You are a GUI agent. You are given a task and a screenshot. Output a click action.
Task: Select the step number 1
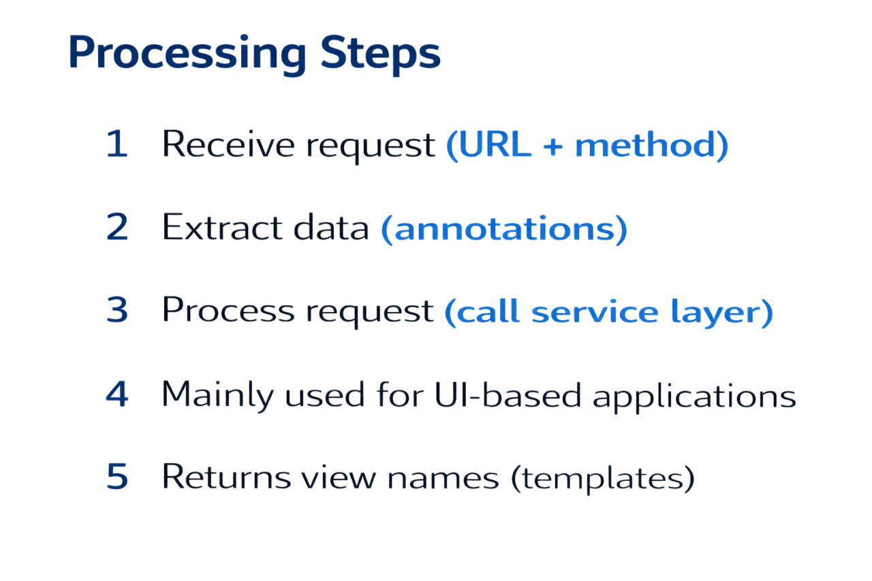pyautogui.click(x=117, y=145)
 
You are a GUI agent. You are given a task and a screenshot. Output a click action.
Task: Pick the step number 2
pyautogui.click(x=117, y=229)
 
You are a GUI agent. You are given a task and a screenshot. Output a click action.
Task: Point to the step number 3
pyautogui.click(x=117, y=311)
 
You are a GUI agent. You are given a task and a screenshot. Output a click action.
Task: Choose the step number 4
pyautogui.click(x=117, y=395)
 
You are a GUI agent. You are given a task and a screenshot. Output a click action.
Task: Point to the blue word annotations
pyautogui.click(x=503, y=230)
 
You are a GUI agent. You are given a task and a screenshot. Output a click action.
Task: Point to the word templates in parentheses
pyautogui.click(x=602, y=479)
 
